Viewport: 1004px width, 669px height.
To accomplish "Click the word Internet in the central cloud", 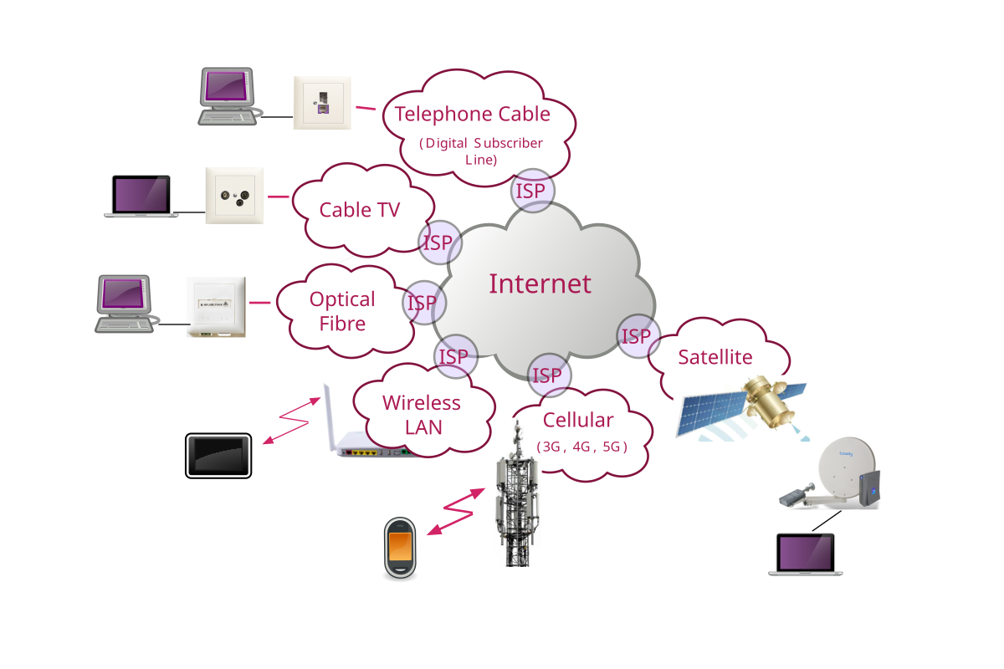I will click(540, 284).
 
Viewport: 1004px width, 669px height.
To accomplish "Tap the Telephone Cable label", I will click(473, 115).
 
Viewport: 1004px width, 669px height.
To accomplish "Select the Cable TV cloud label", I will click(360, 210).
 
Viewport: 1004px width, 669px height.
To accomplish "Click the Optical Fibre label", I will click(342, 311).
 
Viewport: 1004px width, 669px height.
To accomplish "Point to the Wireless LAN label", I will click(422, 414).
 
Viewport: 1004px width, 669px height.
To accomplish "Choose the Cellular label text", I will click(578, 420).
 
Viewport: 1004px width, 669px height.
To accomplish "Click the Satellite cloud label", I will click(715, 357).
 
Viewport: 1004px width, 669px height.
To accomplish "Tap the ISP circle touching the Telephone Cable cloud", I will click(531, 192).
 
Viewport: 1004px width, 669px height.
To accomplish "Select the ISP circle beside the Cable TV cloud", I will click(438, 243).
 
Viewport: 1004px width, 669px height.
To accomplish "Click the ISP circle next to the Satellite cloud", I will click(638, 336).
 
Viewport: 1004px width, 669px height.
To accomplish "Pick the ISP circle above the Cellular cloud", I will click(548, 375).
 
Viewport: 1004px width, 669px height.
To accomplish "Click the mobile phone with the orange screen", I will click(400, 548).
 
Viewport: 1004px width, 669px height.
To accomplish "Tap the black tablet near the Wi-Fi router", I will click(218, 456).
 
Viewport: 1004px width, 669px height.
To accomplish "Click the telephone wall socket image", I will click(321, 103).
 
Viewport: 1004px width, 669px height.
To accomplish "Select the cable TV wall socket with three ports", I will click(234, 196).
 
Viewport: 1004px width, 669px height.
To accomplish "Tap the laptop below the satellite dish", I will click(806, 554).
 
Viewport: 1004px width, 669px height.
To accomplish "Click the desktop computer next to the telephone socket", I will click(228, 97).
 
